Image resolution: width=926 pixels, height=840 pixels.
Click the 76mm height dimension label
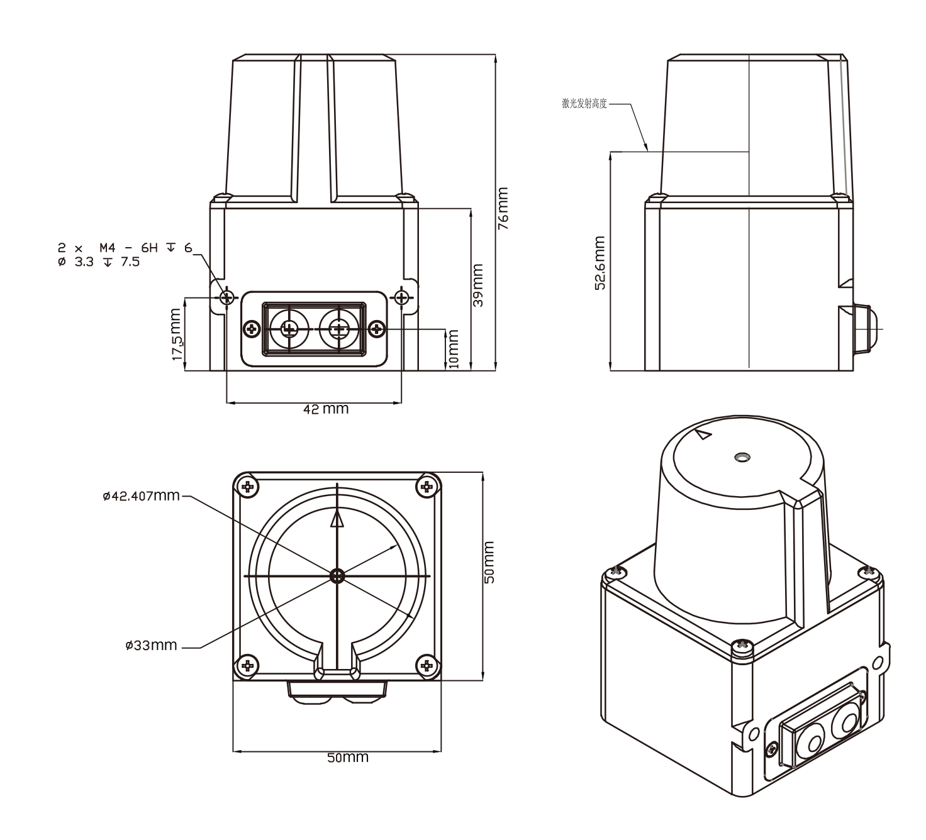click(503, 209)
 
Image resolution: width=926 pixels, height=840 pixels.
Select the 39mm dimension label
click(477, 285)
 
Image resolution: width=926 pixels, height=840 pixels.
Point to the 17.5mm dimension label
click(178, 334)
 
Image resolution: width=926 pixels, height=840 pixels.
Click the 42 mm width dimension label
click(326, 409)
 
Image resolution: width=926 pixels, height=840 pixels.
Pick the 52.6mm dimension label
click(600, 263)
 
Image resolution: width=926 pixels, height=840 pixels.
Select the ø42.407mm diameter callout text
click(141, 497)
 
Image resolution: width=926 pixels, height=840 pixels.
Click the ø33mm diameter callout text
click(151, 646)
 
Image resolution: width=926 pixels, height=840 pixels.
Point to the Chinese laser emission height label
click(584, 104)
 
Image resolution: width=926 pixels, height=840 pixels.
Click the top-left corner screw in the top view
click(249, 486)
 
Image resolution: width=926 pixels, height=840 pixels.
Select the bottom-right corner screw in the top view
click(427, 665)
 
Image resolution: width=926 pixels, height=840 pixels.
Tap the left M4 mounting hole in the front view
click(226, 296)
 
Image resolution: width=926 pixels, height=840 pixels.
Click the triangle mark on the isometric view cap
click(704, 434)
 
